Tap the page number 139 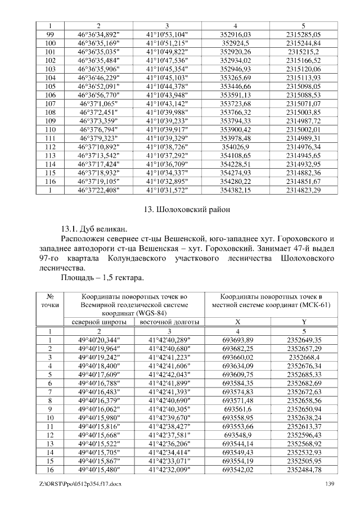pyautogui.click(x=330, y=484)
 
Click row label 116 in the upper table pyautogui.click(x=49, y=182)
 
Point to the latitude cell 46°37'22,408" pyautogui.click(x=98, y=190)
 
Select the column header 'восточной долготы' pyautogui.click(x=167, y=322)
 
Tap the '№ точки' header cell pyautogui.click(x=49, y=300)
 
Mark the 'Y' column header pyautogui.click(x=304, y=322)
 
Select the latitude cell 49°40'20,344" pyautogui.click(x=98, y=340)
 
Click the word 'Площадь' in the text pyautogui.click(x=76, y=277)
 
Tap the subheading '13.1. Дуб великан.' pyautogui.click(x=94, y=229)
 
